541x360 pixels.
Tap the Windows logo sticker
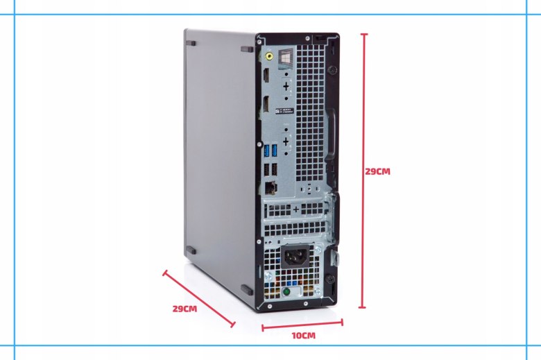coord(284,60)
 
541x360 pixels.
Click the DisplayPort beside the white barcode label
coord(266,107)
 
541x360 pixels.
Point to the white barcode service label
coord(286,109)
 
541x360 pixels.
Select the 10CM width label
coord(303,336)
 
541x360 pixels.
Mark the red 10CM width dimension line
coord(302,323)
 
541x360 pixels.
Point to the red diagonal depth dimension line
coord(199,298)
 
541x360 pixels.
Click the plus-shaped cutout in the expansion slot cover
coord(296,209)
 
